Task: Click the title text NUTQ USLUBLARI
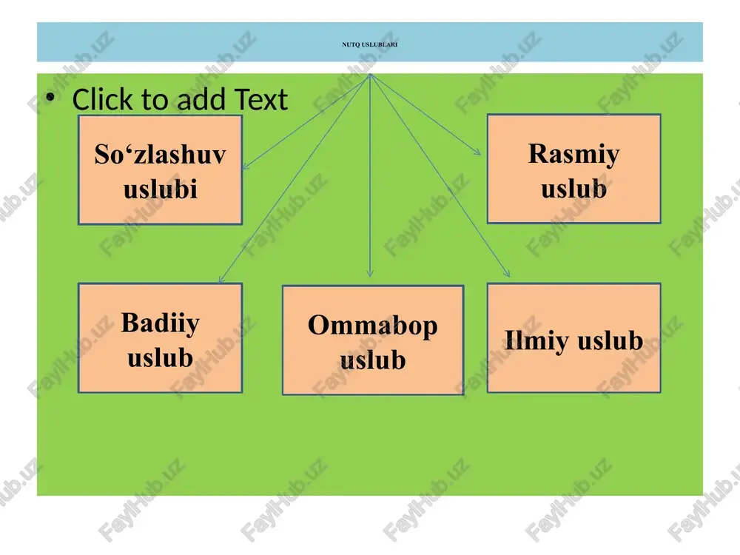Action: point(369,44)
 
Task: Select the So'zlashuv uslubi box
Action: point(160,170)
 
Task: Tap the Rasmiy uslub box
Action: point(574,169)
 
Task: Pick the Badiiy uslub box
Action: point(160,338)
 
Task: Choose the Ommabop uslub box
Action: point(373,340)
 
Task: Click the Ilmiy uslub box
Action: point(574,338)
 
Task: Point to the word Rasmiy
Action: point(574,155)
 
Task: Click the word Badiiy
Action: point(160,324)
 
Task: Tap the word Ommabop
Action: point(373,326)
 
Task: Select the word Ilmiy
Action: point(536,340)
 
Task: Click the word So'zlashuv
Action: point(160,154)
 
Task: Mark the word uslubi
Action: point(160,189)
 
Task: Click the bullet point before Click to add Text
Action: point(50,97)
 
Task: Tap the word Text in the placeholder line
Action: point(260,100)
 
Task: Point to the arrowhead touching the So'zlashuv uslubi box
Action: point(245,166)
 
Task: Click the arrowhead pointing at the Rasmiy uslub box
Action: point(477,152)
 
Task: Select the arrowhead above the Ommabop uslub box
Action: point(370,273)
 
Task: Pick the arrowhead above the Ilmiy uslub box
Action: point(507,273)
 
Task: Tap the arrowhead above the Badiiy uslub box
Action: point(221,280)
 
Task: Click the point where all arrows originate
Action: point(371,74)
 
